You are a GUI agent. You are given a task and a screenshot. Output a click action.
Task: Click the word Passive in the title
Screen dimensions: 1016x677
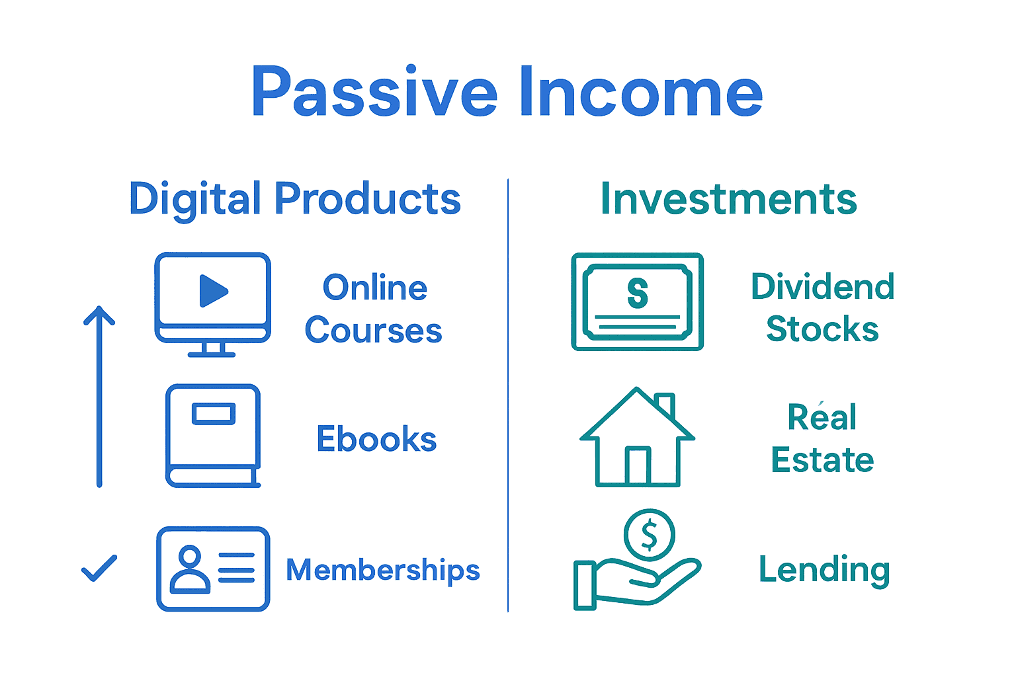pyautogui.click(x=374, y=91)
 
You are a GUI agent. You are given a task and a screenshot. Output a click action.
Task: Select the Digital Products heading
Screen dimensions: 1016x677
pyautogui.click(x=295, y=199)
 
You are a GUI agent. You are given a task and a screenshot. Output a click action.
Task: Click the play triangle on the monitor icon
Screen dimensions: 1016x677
pyautogui.click(x=213, y=291)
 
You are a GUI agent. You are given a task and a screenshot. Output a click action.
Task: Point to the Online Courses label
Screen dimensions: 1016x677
pyautogui.click(x=374, y=308)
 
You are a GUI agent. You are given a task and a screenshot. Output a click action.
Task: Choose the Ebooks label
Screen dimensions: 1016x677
pyautogui.click(x=376, y=438)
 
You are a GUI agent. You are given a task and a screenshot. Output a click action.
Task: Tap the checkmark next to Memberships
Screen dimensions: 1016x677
pyautogui.click(x=99, y=568)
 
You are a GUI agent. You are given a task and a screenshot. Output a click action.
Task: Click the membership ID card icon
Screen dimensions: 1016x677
pyautogui.click(x=213, y=569)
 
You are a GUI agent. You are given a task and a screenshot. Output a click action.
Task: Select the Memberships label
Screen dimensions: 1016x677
pyautogui.click(x=383, y=570)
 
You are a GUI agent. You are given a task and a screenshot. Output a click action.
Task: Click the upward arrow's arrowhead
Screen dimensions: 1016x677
pyautogui.click(x=99, y=315)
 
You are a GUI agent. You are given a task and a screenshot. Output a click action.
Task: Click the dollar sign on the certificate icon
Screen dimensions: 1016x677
pyautogui.click(x=638, y=294)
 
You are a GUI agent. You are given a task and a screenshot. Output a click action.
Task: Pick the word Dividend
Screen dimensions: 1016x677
pyautogui.click(x=823, y=286)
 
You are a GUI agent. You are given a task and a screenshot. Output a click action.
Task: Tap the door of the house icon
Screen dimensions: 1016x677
pyautogui.click(x=638, y=465)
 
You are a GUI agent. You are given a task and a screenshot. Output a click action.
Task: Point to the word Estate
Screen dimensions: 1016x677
pyautogui.click(x=822, y=459)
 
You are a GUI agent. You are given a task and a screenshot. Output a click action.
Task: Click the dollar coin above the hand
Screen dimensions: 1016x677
pyautogui.click(x=650, y=535)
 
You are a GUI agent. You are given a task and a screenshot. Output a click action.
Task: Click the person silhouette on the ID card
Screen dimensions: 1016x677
pyautogui.click(x=190, y=569)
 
